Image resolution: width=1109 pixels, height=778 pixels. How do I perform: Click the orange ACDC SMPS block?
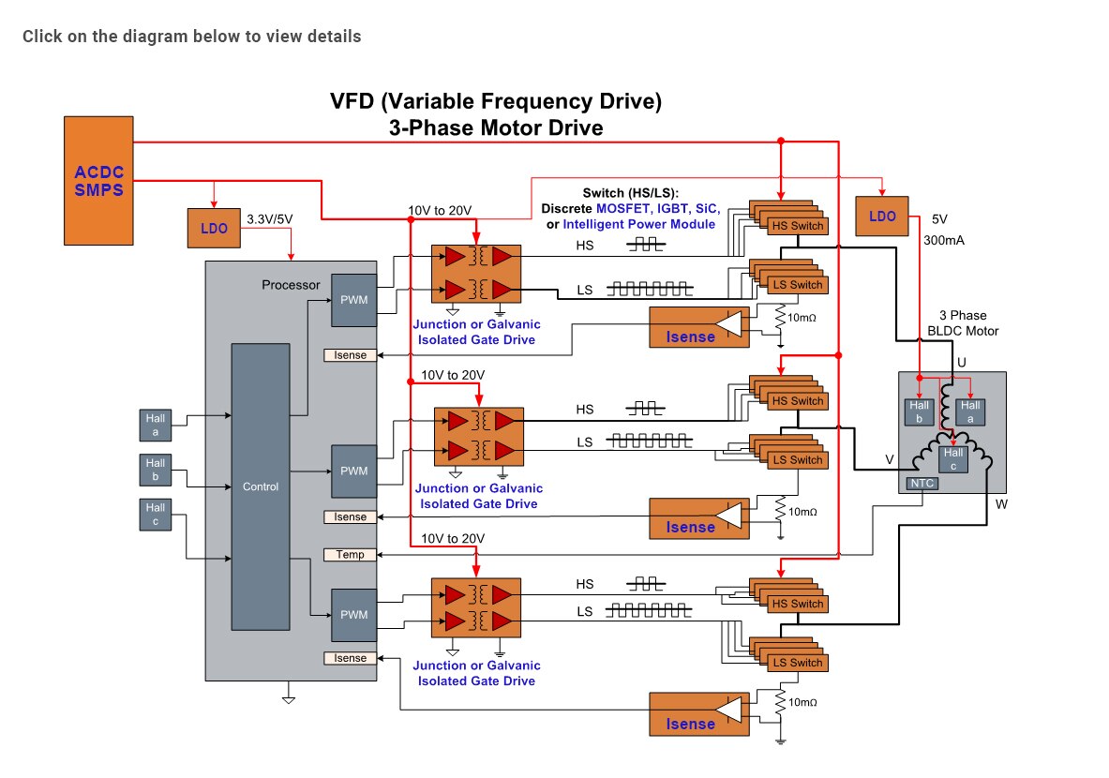click(x=99, y=180)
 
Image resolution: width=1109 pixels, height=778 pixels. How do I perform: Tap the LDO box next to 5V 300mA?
click(x=882, y=217)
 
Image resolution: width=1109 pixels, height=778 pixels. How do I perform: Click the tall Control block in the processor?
click(x=260, y=486)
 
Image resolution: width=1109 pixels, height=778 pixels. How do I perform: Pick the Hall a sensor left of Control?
click(x=155, y=424)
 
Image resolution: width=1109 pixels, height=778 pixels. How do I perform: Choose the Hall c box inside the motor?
click(x=952, y=458)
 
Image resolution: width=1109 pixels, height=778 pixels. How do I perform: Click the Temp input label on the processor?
click(x=350, y=555)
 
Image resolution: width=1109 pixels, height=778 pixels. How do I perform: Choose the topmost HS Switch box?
click(x=797, y=226)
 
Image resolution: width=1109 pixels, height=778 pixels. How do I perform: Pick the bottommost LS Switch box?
click(x=797, y=663)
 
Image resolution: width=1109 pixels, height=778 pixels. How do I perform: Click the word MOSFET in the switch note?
click(x=623, y=208)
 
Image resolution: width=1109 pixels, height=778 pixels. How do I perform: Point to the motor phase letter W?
click(x=1002, y=505)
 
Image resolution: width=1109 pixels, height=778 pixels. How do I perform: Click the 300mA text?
click(x=945, y=240)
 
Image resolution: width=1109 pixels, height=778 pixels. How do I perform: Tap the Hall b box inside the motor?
click(x=919, y=411)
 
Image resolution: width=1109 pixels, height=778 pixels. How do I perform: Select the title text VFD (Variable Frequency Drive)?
click(x=496, y=101)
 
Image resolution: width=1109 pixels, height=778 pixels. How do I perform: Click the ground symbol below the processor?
click(x=289, y=696)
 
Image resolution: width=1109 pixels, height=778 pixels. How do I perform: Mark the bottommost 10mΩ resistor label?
click(x=802, y=702)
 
